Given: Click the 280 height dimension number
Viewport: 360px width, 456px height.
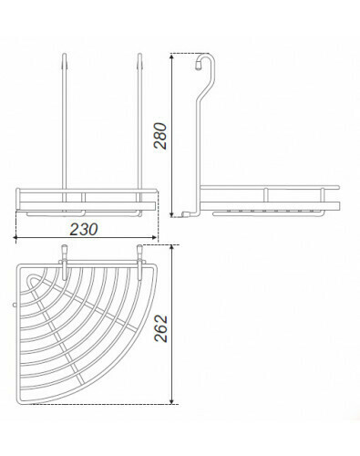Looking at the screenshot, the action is tap(160, 136).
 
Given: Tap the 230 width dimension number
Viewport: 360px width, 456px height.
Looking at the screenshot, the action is tap(84, 230).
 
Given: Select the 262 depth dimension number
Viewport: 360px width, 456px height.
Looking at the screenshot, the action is tap(161, 328).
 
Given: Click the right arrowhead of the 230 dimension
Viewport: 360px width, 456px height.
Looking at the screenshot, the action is tap(155, 238).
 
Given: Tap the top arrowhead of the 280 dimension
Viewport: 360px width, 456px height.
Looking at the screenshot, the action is tap(172, 57).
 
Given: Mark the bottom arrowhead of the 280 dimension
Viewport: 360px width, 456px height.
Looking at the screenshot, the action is tap(172, 213).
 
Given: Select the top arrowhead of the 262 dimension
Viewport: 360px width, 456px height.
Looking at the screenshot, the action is tap(172, 249).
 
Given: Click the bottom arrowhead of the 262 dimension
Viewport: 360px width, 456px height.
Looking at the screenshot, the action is tap(172, 401).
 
